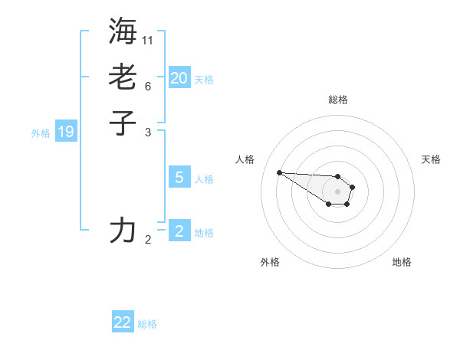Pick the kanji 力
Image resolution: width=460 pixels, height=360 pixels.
pyautogui.click(x=123, y=230)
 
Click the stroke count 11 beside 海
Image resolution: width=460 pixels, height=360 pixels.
pyautogui.click(x=148, y=39)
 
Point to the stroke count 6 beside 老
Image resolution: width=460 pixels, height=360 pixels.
pyautogui.click(x=148, y=86)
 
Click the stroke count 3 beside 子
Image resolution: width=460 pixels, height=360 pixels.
pyautogui.click(x=148, y=132)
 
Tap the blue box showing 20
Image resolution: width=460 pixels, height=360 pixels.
pyautogui.click(x=179, y=77)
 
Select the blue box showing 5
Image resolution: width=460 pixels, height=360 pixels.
pyautogui.click(x=179, y=178)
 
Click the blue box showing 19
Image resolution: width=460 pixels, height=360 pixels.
pyautogui.click(x=66, y=132)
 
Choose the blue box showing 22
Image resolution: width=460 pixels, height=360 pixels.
pyautogui.click(x=123, y=322)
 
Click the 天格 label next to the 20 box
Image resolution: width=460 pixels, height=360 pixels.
pyautogui.click(x=204, y=80)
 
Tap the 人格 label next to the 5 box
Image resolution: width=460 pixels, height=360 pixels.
pyautogui.click(x=204, y=179)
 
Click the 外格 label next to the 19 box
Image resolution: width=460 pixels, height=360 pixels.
pyautogui.click(x=41, y=133)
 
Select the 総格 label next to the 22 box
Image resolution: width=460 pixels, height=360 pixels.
pyautogui.click(x=147, y=324)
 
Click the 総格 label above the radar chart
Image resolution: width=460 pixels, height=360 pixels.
pyautogui.click(x=337, y=100)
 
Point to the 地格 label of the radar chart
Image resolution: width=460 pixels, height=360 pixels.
pyautogui.click(x=402, y=262)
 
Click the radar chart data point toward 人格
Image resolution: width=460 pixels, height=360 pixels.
pyautogui.click(x=279, y=172)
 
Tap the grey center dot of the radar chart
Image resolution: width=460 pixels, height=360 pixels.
pyautogui.click(x=337, y=191)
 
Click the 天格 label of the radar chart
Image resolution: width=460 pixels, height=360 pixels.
pyautogui.click(x=431, y=159)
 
